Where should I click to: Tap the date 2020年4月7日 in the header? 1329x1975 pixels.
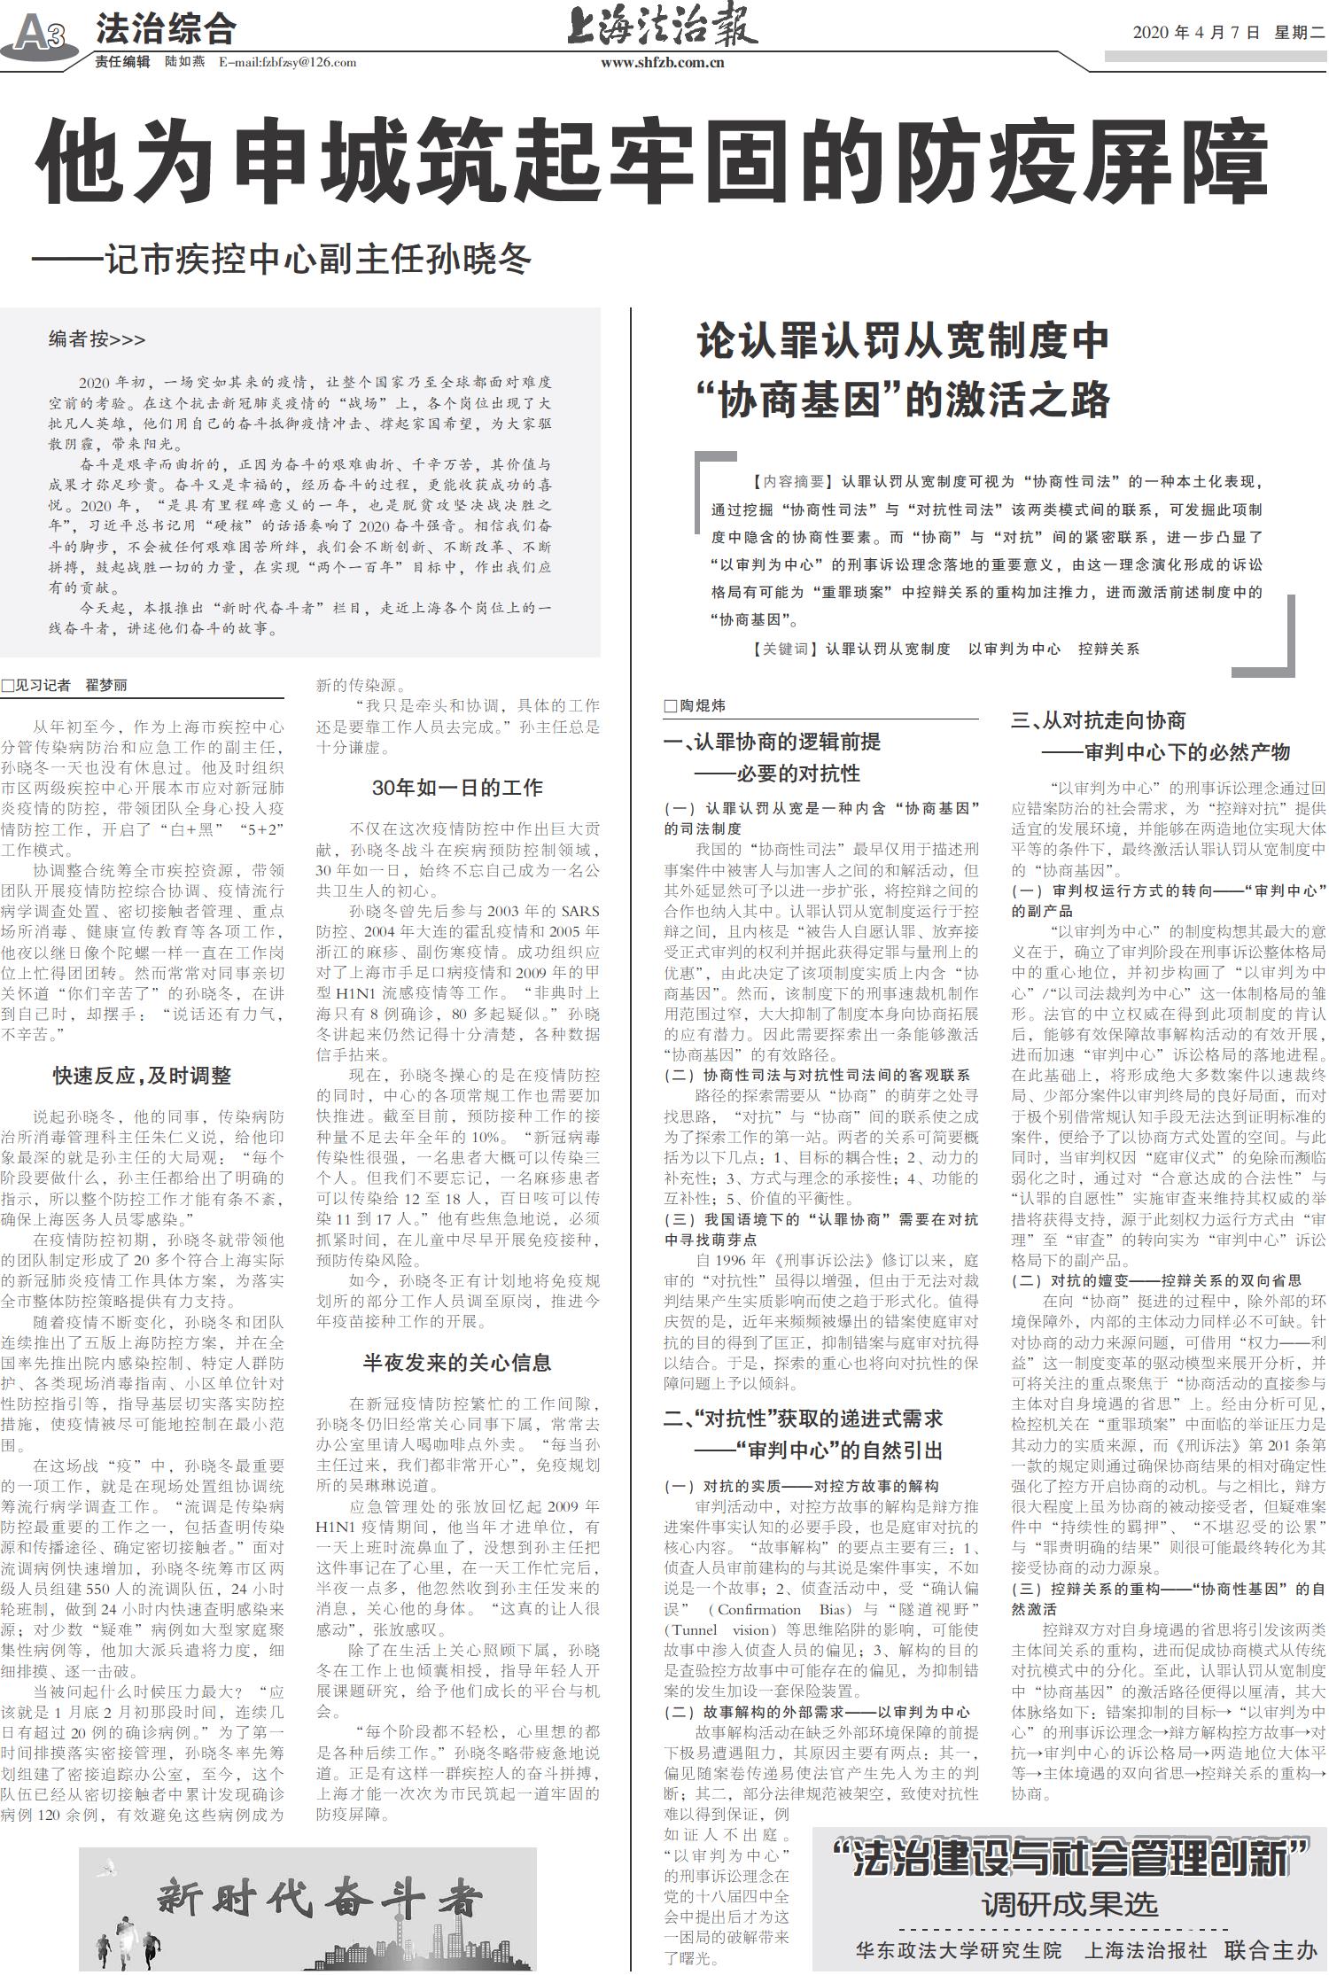tap(1196, 33)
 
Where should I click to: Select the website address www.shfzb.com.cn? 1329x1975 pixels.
tap(662, 62)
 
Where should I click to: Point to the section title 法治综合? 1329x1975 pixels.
tap(166, 29)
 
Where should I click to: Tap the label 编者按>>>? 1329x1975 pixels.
tap(97, 338)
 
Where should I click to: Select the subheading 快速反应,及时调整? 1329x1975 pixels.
tap(142, 1076)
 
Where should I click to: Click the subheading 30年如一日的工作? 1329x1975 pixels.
tap(457, 787)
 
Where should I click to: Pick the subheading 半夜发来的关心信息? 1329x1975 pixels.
tap(457, 1362)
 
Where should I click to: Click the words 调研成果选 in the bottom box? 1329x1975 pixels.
tap(1069, 1904)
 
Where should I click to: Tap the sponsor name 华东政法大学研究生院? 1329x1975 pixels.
tap(958, 1950)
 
